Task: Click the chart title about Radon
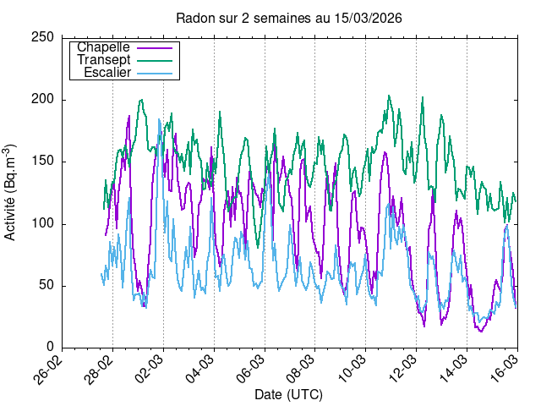[x=288, y=18]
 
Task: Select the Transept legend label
[x=103, y=60]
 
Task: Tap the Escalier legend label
[x=107, y=73]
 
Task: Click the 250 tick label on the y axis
[x=44, y=37]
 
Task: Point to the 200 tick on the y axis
[x=44, y=100]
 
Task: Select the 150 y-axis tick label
[x=44, y=162]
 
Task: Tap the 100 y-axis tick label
[x=44, y=223]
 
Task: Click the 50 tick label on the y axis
[x=47, y=285]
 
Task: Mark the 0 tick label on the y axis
[x=51, y=347]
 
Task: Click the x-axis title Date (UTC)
[x=288, y=395]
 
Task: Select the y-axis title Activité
[x=10, y=193]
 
